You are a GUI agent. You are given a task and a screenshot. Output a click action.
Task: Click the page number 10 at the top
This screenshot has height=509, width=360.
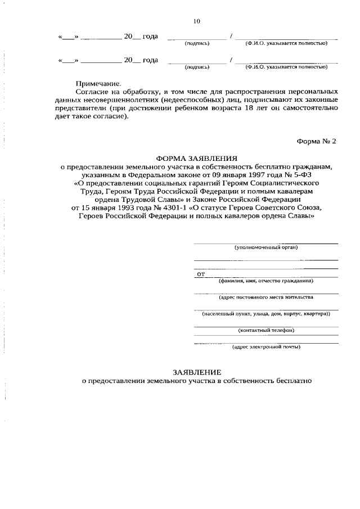coord(196,21)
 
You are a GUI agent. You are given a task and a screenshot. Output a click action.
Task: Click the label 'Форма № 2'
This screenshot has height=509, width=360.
coord(316,141)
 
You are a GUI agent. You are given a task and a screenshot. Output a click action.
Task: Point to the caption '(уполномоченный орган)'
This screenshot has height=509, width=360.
coord(266,247)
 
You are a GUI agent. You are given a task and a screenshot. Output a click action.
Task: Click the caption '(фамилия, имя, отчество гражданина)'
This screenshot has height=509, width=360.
coord(266,281)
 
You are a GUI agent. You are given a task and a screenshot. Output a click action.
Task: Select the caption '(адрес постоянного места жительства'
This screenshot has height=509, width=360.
coord(266,296)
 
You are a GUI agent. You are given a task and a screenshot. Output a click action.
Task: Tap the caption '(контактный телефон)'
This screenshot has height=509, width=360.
coord(266,330)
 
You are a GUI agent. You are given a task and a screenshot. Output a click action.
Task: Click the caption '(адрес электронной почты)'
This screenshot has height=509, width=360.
coord(266,346)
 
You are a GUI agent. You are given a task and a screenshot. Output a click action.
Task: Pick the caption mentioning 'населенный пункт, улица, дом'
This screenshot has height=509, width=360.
coord(266,313)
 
